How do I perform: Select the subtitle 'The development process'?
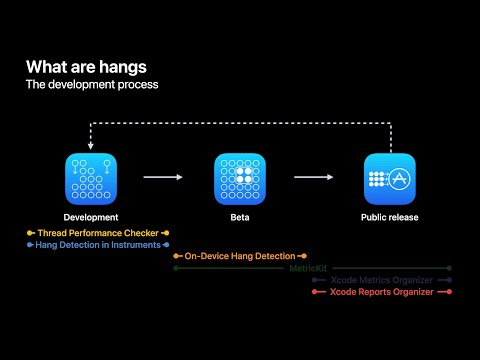pyautogui.click(x=91, y=84)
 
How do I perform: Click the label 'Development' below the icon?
pyautogui.click(x=91, y=217)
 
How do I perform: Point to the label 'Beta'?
pyautogui.click(x=240, y=217)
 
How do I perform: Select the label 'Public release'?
pyautogui.click(x=390, y=217)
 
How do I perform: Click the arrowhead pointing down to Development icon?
pyautogui.click(x=91, y=147)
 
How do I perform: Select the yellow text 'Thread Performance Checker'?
pyautogui.click(x=97, y=232)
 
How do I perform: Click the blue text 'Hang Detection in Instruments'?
pyautogui.click(x=97, y=244)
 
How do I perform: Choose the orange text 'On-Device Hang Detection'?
pyautogui.click(x=239, y=256)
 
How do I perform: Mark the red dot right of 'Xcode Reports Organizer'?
pyautogui.click(x=450, y=292)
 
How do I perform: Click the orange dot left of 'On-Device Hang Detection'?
pyautogui.click(x=176, y=256)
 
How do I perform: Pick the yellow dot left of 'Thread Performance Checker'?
pyautogui.click(x=30, y=232)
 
